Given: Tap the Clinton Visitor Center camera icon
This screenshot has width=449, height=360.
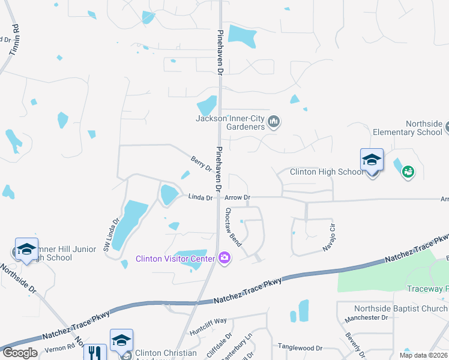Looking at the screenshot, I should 224,258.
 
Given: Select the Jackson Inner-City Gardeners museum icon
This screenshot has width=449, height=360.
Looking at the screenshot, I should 274,122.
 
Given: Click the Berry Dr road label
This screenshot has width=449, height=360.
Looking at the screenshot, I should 201,164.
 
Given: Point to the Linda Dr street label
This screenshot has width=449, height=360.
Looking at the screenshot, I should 200,197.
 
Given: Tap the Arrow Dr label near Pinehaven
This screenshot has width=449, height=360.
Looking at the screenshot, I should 238,197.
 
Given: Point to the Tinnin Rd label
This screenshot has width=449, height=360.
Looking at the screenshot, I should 14,40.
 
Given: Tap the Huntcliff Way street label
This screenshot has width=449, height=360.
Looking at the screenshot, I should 208,321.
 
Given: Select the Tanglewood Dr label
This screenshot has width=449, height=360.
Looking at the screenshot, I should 300,347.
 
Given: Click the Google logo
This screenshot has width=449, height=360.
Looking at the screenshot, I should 20,353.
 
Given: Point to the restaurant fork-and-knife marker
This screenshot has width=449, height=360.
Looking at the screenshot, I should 94,352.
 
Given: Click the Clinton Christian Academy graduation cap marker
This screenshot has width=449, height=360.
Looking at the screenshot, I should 121,340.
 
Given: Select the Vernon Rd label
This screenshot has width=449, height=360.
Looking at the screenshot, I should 62,347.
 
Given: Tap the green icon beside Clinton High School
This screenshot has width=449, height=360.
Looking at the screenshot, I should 408,172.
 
